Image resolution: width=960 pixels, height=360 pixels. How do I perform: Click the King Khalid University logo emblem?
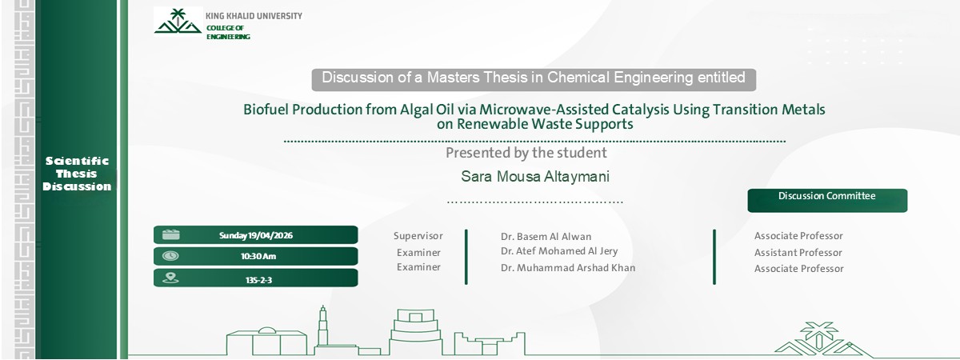(x=178, y=22)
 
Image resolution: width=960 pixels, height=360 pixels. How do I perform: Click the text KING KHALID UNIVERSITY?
(x=254, y=16)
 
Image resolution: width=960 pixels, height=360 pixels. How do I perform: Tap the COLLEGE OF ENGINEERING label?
(x=228, y=32)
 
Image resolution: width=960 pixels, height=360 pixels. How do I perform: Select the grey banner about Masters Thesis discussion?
(x=534, y=78)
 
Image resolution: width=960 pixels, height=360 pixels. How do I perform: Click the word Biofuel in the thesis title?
(x=266, y=109)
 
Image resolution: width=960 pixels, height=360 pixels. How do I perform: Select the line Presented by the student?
(x=526, y=153)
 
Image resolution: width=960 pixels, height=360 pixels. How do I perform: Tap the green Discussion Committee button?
(x=827, y=198)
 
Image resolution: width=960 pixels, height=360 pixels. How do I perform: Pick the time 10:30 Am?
(x=258, y=257)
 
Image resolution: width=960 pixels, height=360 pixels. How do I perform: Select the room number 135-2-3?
(x=258, y=279)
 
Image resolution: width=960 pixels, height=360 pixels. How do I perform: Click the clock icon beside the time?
(x=170, y=256)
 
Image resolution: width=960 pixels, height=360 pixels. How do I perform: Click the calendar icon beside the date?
(x=170, y=234)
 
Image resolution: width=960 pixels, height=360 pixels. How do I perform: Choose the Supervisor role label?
(x=417, y=236)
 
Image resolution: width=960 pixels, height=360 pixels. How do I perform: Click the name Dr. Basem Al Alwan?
(x=546, y=237)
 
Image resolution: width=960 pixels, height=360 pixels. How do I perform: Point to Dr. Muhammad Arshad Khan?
(x=568, y=268)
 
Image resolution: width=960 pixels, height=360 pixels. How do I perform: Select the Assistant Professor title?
(x=798, y=253)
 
